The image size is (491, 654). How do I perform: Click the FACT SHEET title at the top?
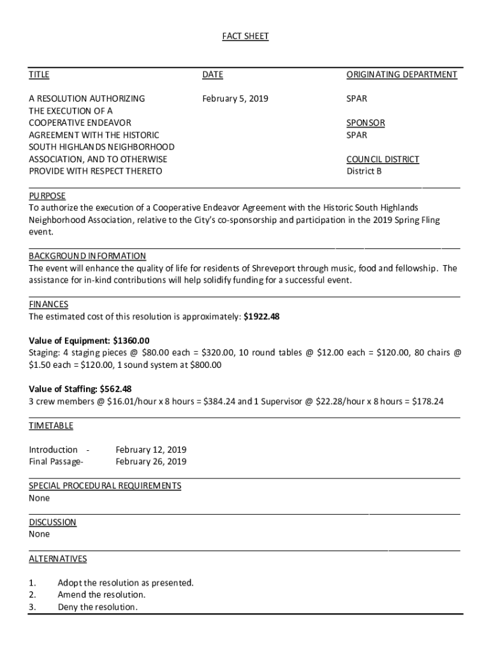(245, 36)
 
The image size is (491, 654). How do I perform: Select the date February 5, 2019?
(235, 99)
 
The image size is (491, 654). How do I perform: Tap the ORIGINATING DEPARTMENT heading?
(401, 75)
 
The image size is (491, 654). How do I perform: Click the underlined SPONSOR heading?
(365, 123)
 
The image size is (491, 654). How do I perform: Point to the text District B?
(364, 171)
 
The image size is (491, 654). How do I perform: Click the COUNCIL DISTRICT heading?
(383, 159)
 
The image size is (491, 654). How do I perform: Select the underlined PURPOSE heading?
(47, 196)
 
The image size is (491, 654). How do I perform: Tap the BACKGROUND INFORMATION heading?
(87, 256)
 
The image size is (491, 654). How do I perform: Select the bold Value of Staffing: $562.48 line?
(80, 389)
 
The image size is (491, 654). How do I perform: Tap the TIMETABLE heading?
(51, 425)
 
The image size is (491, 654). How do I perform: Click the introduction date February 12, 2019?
(150, 450)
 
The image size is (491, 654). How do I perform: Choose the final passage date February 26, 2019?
(150, 462)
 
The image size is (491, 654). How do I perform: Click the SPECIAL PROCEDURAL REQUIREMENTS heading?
(105, 486)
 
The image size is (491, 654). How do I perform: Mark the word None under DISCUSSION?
(39, 534)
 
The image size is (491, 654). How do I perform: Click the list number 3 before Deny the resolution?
(32, 607)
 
